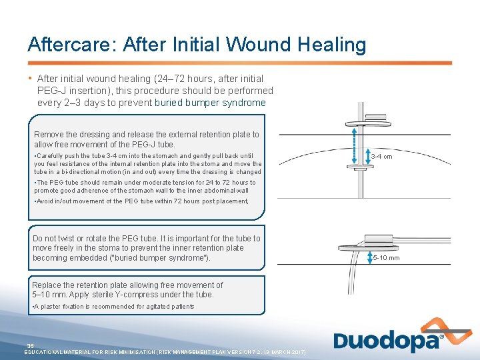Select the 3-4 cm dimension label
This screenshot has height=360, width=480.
click(x=381, y=157)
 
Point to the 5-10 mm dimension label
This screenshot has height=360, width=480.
click(x=386, y=258)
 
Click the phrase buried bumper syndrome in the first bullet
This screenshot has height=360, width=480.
click(x=210, y=103)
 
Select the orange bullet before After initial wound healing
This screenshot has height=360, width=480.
click(x=31, y=79)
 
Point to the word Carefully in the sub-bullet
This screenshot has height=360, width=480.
click(x=52, y=155)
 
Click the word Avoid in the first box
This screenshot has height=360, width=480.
click(x=46, y=201)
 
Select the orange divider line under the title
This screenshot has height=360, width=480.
click(x=240, y=63)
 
